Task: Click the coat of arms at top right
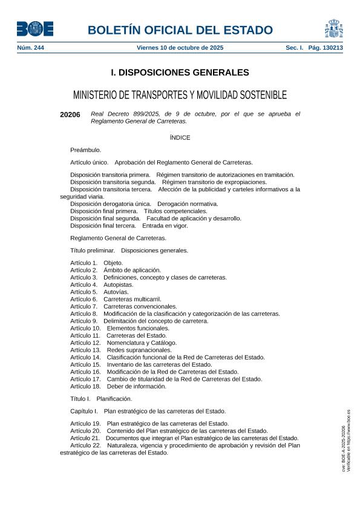(x=333, y=28)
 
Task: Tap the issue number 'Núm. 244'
(x=30, y=47)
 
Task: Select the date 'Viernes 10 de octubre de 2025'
(x=180, y=47)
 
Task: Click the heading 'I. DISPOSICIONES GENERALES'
(x=180, y=73)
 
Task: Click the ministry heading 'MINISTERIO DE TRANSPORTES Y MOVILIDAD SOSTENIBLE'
(x=180, y=96)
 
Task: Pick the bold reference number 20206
(x=70, y=114)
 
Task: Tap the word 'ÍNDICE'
(x=180, y=137)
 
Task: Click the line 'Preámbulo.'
(x=85, y=149)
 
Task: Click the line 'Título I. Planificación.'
(x=101, y=399)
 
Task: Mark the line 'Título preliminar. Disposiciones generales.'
(x=129, y=250)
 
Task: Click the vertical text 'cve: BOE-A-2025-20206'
(x=344, y=448)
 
